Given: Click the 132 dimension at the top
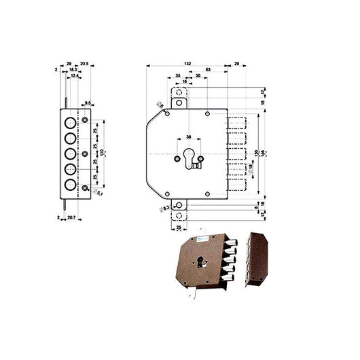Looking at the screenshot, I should coord(187,63).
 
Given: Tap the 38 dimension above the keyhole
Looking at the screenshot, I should coord(188,136).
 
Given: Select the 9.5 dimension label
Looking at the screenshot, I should coord(88,103).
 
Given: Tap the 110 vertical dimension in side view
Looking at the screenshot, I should coord(103,154).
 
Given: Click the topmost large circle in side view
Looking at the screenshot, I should coord(71,122).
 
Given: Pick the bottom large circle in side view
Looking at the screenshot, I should coord(71,184).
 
